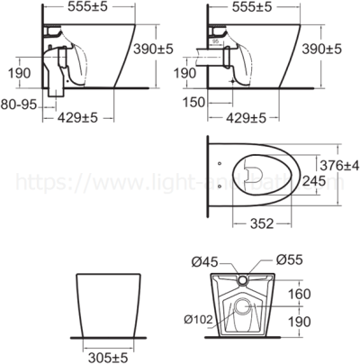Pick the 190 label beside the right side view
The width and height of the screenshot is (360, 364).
pos(184,72)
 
